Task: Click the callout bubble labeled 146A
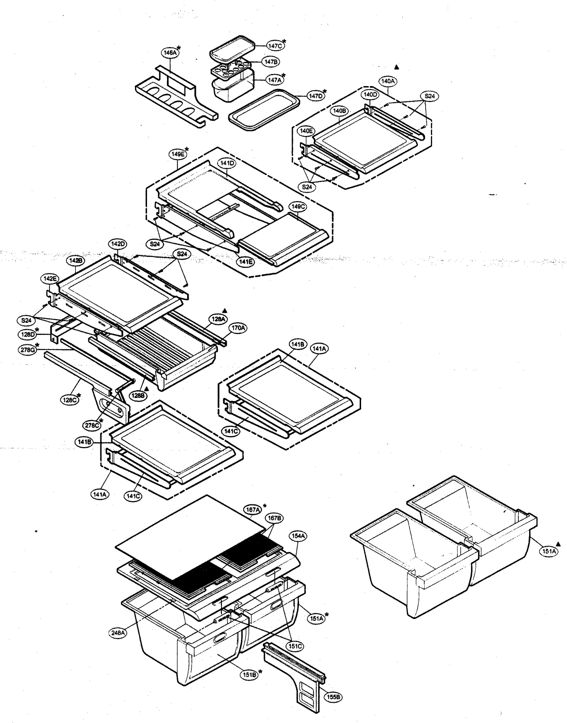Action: [169, 52]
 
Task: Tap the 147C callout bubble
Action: [275, 46]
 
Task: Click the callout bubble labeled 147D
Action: [315, 96]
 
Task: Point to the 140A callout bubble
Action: [388, 81]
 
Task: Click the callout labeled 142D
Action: [118, 244]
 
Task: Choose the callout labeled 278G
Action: [27, 350]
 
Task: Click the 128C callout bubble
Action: [68, 400]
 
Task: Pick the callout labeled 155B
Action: [333, 697]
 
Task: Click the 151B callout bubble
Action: [249, 675]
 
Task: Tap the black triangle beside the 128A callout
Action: [224, 310]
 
